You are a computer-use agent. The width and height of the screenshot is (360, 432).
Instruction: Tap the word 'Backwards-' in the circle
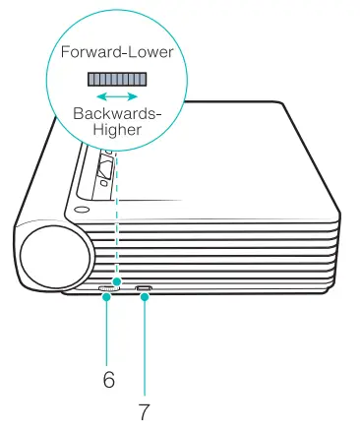(117, 114)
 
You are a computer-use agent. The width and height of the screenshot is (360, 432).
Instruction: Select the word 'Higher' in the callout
(117, 131)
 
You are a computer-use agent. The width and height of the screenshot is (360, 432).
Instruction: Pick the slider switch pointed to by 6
(107, 289)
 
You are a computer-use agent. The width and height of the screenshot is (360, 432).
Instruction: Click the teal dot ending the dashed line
(116, 280)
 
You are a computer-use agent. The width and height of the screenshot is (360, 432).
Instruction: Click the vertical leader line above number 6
(107, 330)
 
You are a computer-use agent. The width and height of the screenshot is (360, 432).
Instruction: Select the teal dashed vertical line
(116, 216)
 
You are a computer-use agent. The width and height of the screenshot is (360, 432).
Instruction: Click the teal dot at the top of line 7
(146, 297)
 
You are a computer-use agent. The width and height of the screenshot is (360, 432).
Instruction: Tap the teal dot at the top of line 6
(107, 297)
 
